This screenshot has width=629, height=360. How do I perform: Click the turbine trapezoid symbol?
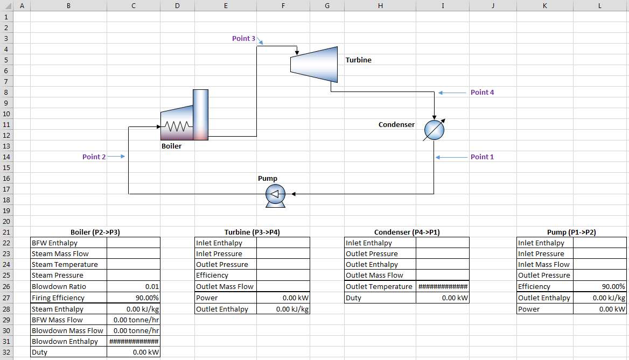314,65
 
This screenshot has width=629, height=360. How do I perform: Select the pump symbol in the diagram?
276,196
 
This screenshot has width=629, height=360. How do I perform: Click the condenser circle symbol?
435,130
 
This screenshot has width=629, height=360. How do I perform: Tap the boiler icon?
185,115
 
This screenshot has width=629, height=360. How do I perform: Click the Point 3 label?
243,39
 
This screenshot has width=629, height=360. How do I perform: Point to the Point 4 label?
482,92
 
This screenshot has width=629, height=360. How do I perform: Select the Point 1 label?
482,157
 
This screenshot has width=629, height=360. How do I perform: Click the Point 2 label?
94,157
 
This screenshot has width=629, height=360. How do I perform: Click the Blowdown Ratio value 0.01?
152,287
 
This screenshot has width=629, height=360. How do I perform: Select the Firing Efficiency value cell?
134,298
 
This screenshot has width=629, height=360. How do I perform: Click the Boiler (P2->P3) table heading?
95,232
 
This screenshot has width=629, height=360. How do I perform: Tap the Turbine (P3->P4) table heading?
253,232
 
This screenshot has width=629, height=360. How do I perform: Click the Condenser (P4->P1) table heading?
407,232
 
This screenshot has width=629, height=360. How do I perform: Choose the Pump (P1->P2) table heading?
571,232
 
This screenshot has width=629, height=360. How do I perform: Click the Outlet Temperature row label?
379,287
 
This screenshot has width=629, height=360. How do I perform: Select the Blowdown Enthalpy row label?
65,342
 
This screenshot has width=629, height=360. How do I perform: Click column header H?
380,5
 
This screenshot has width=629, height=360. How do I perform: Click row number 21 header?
6,232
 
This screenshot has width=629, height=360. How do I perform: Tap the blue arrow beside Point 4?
452,93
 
